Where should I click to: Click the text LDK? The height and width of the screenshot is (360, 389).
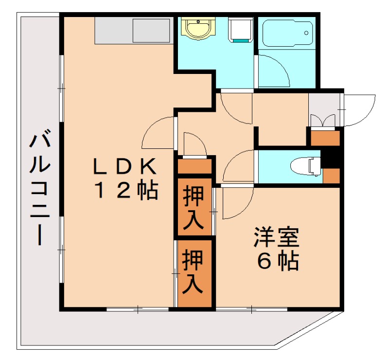(x=124, y=167)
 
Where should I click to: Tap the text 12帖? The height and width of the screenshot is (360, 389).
(x=126, y=191)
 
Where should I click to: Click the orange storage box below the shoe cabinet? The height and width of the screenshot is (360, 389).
(x=325, y=138)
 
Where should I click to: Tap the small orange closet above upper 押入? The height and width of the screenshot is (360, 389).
(x=194, y=166)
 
